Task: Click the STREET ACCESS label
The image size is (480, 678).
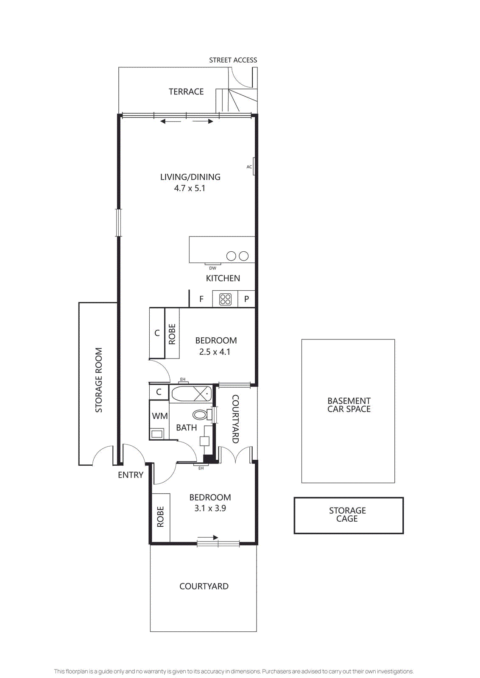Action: coord(233,60)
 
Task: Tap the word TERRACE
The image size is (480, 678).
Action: coord(186,92)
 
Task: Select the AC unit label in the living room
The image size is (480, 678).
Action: coord(249,167)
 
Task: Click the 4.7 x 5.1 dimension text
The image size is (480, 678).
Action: coord(190,188)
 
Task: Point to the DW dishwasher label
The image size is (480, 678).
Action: coord(212,268)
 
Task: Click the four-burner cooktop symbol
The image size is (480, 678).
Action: coord(225,299)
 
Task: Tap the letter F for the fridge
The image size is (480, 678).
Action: coord(201,299)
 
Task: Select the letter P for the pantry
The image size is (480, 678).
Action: coord(246,299)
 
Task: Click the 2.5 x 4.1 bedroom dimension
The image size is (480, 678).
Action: coord(215,352)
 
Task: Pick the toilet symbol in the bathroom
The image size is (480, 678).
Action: coord(201,414)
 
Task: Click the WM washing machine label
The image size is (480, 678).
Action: coord(159,416)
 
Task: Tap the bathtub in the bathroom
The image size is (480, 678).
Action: coord(191,394)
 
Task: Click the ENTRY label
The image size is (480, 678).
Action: coord(131,475)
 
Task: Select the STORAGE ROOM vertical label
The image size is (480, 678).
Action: coord(99,380)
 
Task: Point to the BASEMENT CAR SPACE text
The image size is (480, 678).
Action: coord(349,405)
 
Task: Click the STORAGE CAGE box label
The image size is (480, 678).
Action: coord(347,514)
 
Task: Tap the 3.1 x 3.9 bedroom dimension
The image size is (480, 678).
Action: coord(210,508)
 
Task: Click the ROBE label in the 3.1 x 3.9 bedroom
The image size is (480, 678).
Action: coord(160,517)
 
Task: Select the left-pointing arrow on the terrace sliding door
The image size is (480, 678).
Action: coord(170,122)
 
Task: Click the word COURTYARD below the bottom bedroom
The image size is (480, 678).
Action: coord(204,586)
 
